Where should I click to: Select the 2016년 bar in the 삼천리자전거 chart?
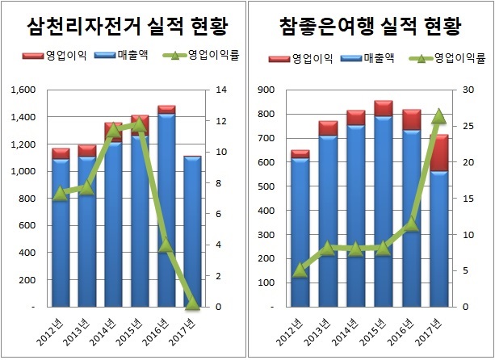pos(166,210)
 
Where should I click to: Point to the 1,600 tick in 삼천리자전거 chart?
pos(23,90)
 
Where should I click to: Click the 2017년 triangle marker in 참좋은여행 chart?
pos(439,117)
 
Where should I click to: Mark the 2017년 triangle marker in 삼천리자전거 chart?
pos(191,304)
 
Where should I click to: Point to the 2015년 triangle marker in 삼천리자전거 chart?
pos(140,124)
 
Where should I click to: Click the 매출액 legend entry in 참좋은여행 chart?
pos(368,58)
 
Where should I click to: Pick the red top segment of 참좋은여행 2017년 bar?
pos(439,153)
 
